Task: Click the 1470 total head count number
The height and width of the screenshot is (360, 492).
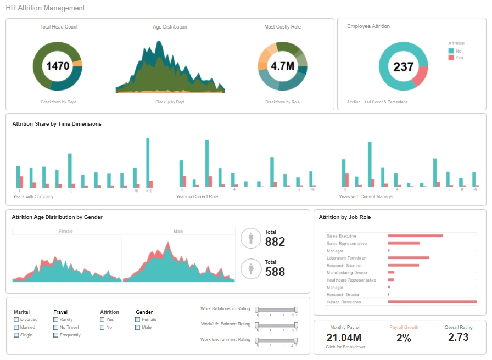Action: (x=58, y=66)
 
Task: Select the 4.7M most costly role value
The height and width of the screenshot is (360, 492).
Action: (x=282, y=66)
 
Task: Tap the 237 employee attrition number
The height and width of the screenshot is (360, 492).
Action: (x=404, y=67)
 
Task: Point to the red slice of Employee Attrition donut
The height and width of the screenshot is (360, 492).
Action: (x=420, y=76)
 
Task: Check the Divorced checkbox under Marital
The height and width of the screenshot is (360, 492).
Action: (x=16, y=319)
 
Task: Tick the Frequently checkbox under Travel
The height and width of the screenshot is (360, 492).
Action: (x=56, y=335)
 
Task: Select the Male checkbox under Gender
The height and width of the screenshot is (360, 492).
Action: (x=138, y=327)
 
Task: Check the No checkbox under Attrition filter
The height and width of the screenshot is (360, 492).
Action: (x=103, y=327)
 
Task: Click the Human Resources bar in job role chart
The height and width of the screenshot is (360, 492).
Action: (x=432, y=302)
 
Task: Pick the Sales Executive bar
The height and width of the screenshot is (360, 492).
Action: (x=415, y=235)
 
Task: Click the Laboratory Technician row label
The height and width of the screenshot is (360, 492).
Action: (x=346, y=258)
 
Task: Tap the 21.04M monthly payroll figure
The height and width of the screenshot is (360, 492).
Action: (x=344, y=337)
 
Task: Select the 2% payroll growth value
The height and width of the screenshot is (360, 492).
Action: (x=404, y=338)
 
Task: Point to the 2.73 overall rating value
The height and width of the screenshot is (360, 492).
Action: (x=458, y=337)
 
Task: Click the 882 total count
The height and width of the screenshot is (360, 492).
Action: (x=275, y=241)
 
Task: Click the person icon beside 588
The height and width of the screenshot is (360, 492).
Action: (x=251, y=269)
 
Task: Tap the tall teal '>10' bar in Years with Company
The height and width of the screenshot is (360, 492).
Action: (x=148, y=162)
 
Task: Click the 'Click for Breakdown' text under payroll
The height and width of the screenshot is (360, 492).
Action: (x=345, y=347)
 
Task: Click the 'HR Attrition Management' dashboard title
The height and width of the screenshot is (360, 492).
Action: (x=45, y=8)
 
